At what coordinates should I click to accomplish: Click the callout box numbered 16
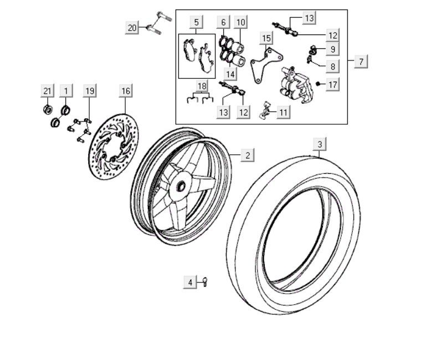pos(126,90)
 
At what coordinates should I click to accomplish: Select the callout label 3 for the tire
pos(319,144)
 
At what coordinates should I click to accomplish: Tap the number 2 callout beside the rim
pos(248,155)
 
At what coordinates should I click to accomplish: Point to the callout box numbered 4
pos(190,283)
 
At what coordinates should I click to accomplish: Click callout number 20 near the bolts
pos(132,28)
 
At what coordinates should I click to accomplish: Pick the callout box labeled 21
pos(48,90)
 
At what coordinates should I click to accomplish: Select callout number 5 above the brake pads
pos(196,22)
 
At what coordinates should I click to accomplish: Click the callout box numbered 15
pos(266,38)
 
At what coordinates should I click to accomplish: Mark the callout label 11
pos(283,112)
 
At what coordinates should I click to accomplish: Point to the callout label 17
pos(332,85)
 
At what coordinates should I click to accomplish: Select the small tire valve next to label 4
pos(204,282)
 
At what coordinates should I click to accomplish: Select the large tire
pos(294,233)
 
